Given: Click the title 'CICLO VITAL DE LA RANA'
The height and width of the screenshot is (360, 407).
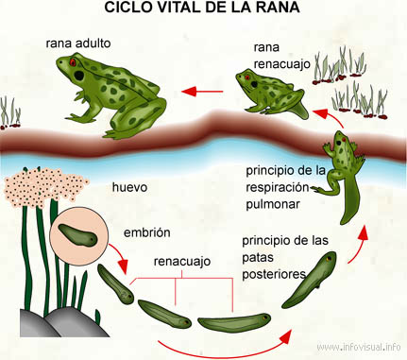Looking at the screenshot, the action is click(x=202, y=9).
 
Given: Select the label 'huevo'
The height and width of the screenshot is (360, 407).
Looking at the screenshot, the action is click(x=129, y=187).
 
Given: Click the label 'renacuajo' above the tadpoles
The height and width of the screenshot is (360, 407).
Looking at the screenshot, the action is click(x=181, y=260).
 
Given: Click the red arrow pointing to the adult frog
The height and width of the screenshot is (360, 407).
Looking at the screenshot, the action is click(x=202, y=92).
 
